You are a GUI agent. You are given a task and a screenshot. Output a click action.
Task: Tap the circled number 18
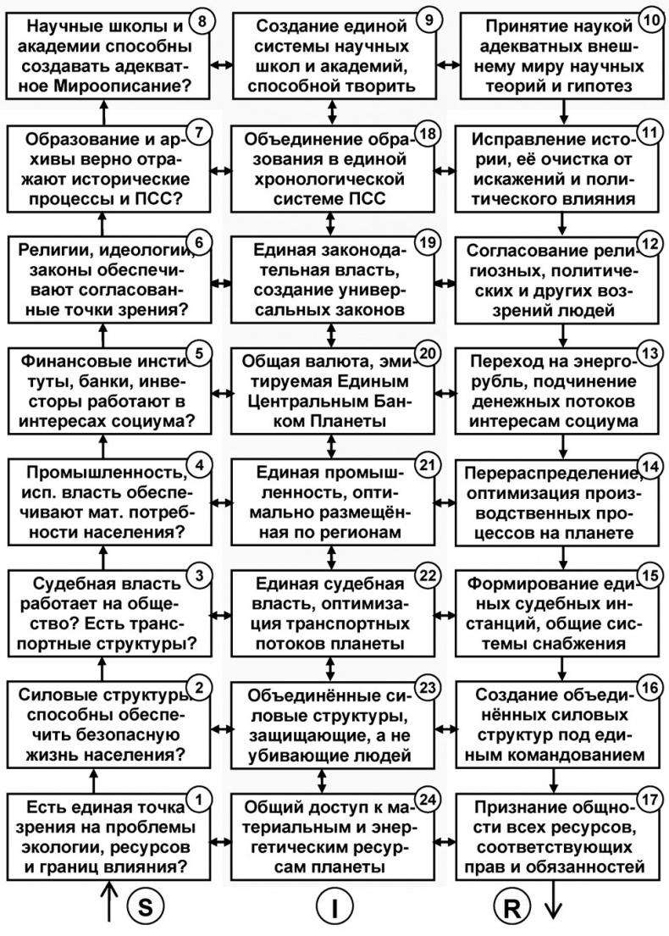[x=427, y=136]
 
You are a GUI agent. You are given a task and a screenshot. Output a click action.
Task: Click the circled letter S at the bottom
[x=145, y=906]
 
